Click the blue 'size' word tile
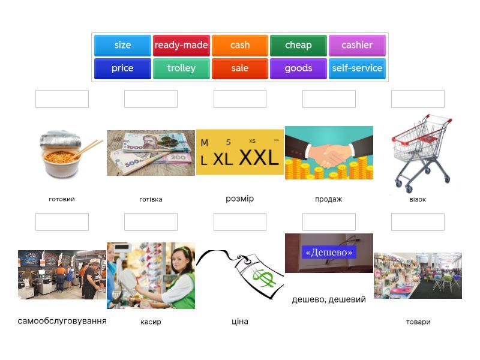point(122,46)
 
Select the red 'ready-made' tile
point(181,46)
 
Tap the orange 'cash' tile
point(240,46)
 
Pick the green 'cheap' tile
point(298,46)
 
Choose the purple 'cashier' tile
point(357,46)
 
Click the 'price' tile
point(122,68)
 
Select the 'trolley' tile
point(181,68)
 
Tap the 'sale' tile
point(240,68)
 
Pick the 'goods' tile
point(298,68)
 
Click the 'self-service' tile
point(357,68)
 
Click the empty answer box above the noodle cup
point(62,99)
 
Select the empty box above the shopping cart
point(418,99)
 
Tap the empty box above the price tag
point(240,222)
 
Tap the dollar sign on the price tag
point(262,278)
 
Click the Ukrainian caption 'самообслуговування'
point(62,321)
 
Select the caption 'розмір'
point(240,199)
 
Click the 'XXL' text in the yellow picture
point(259,158)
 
